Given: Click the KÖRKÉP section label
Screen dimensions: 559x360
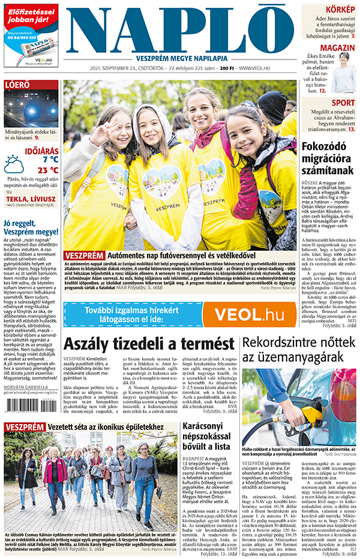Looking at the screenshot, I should point(340,9).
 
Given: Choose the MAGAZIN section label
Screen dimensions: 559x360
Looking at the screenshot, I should point(337,48).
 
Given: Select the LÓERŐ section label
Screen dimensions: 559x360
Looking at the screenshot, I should point(17,85).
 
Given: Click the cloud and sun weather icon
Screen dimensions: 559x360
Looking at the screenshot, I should point(14,164).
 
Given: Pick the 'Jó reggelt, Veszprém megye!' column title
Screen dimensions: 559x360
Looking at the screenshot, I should point(30,227).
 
